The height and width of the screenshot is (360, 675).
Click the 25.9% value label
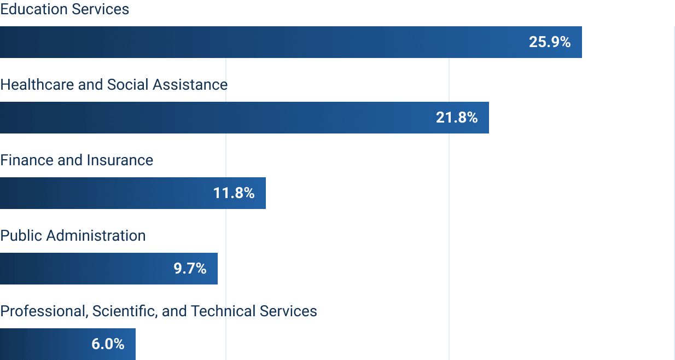(x=549, y=42)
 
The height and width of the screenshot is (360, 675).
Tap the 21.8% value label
(x=457, y=118)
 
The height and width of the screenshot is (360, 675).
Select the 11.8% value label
(x=234, y=193)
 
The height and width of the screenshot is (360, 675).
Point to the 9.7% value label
(x=190, y=269)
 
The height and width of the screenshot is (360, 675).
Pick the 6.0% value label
(x=108, y=344)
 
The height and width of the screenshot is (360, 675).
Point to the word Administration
(x=96, y=236)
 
